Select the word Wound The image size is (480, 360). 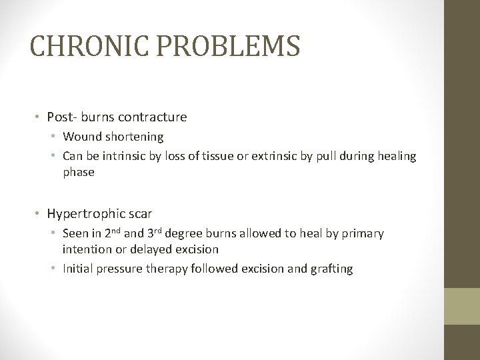79,137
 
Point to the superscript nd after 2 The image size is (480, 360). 116,233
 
